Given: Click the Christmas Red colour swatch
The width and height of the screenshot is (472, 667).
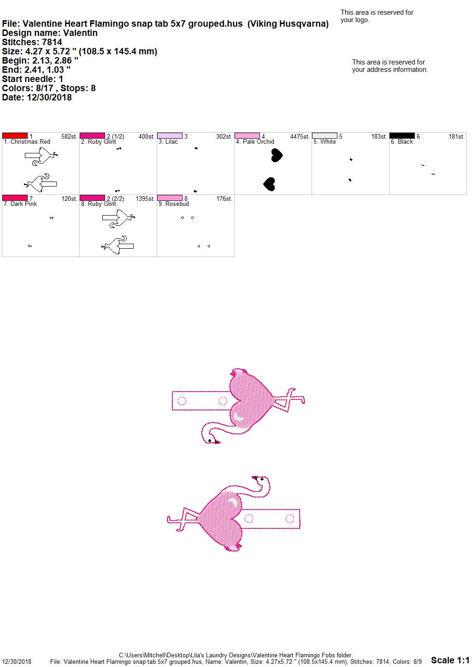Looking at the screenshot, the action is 15,136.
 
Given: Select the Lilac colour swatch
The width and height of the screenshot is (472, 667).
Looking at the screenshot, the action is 170,136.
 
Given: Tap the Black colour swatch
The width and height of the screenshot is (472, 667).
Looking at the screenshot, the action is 402,136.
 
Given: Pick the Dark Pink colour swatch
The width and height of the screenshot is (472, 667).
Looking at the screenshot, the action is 15,198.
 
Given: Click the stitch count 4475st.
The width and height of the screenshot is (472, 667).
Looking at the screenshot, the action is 300,136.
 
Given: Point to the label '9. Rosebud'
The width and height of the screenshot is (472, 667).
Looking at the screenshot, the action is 174,204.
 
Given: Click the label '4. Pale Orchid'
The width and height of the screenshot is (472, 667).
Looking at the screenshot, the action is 255,141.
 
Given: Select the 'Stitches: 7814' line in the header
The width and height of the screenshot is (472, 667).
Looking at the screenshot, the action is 32,42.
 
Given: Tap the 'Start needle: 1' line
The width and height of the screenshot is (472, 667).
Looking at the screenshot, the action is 32,79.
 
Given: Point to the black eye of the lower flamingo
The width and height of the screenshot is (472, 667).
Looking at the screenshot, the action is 262,479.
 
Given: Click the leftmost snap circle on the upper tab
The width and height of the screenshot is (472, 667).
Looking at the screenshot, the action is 182,401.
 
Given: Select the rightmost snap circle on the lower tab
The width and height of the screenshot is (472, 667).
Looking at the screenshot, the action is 289,518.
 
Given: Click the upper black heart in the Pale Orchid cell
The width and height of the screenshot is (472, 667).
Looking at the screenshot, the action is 277,155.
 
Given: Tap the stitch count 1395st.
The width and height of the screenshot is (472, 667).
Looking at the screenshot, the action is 145,199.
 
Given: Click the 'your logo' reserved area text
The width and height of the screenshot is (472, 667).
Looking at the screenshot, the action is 377,16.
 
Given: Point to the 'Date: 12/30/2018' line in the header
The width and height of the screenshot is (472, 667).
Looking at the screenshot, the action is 37,97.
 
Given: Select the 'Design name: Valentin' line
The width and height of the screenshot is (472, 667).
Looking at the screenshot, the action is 50,33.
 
